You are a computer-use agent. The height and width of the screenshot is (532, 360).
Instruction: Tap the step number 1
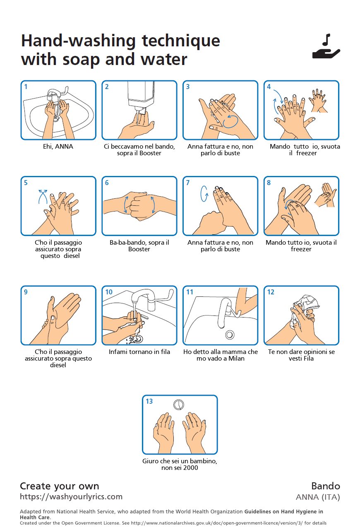tap(26, 87)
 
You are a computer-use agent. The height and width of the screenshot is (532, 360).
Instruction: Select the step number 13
tap(149, 401)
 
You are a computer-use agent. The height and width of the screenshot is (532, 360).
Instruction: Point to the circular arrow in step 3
tap(230, 122)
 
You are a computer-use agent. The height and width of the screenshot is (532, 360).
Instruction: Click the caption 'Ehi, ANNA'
tap(58, 147)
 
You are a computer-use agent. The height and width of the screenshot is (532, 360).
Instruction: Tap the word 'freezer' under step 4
tap(306, 153)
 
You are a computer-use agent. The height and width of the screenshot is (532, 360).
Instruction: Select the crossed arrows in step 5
tap(43, 197)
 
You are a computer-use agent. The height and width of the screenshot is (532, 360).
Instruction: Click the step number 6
tap(107, 183)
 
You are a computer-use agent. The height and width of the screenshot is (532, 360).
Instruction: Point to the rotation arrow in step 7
tap(204, 194)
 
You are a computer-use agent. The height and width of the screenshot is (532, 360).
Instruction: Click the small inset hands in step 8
tap(326, 195)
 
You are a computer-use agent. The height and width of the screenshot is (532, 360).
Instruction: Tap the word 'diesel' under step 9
tap(58, 365)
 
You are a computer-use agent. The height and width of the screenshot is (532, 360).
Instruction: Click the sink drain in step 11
tap(230, 335)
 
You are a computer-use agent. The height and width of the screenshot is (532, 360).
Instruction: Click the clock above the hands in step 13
tap(179, 405)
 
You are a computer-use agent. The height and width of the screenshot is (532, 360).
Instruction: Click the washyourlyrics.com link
tap(71, 497)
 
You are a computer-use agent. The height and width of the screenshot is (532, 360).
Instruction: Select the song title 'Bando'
tap(326, 486)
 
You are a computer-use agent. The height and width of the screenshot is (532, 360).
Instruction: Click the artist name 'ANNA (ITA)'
tap(318, 497)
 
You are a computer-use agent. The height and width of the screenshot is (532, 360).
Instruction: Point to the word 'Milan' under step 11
tap(236, 359)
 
